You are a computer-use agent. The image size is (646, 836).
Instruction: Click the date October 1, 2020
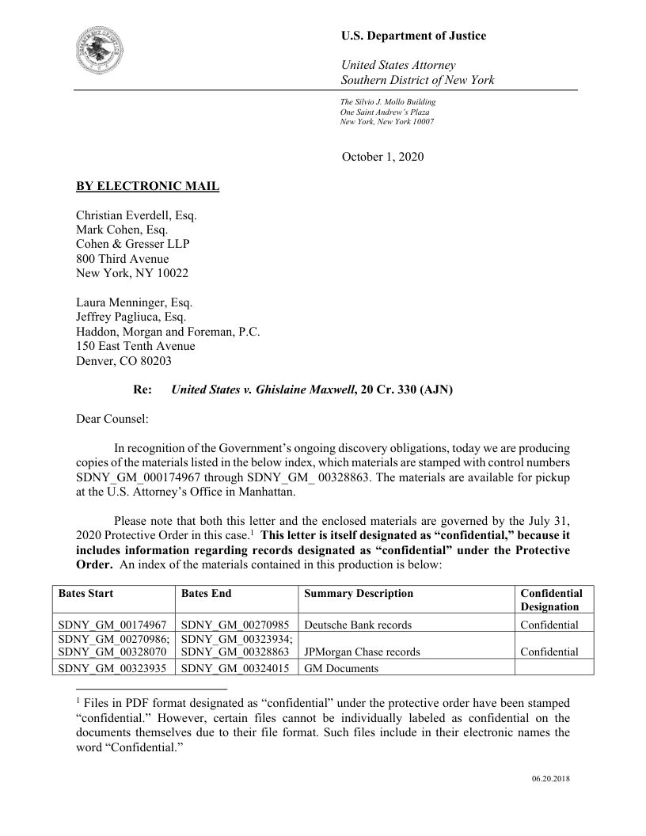[x=382, y=157]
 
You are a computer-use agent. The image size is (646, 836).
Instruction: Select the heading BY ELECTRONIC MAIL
[x=147, y=187]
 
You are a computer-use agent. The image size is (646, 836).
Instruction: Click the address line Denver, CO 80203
[x=123, y=360]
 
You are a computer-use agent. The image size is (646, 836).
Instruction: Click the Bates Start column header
[x=85, y=593]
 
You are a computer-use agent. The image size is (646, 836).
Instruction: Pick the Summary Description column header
[x=359, y=593]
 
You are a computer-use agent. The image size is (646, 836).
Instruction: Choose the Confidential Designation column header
[x=551, y=600]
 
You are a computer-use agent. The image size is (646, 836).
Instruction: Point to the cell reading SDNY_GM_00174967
[x=112, y=625]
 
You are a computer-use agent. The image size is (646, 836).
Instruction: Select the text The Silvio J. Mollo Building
[x=388, y=102]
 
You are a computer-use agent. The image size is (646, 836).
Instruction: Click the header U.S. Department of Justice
[x=413, y=36]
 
